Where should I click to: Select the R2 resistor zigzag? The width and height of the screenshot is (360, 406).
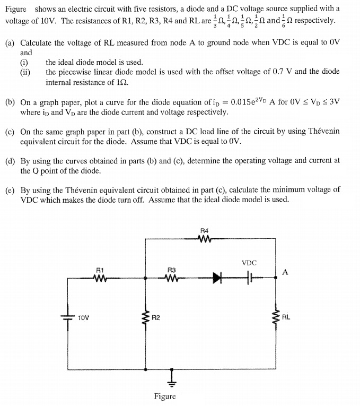coord(146,318)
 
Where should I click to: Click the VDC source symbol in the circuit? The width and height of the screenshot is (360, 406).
coord(249,277)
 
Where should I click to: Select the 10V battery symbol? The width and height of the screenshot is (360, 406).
coord(68,318)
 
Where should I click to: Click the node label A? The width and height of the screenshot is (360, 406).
coord(285,272)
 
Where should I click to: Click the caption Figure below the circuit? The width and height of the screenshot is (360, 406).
coord(165,396)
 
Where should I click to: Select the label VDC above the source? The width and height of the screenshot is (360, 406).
coord(249,262)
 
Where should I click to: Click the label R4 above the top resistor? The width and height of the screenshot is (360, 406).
coord(205,230)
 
